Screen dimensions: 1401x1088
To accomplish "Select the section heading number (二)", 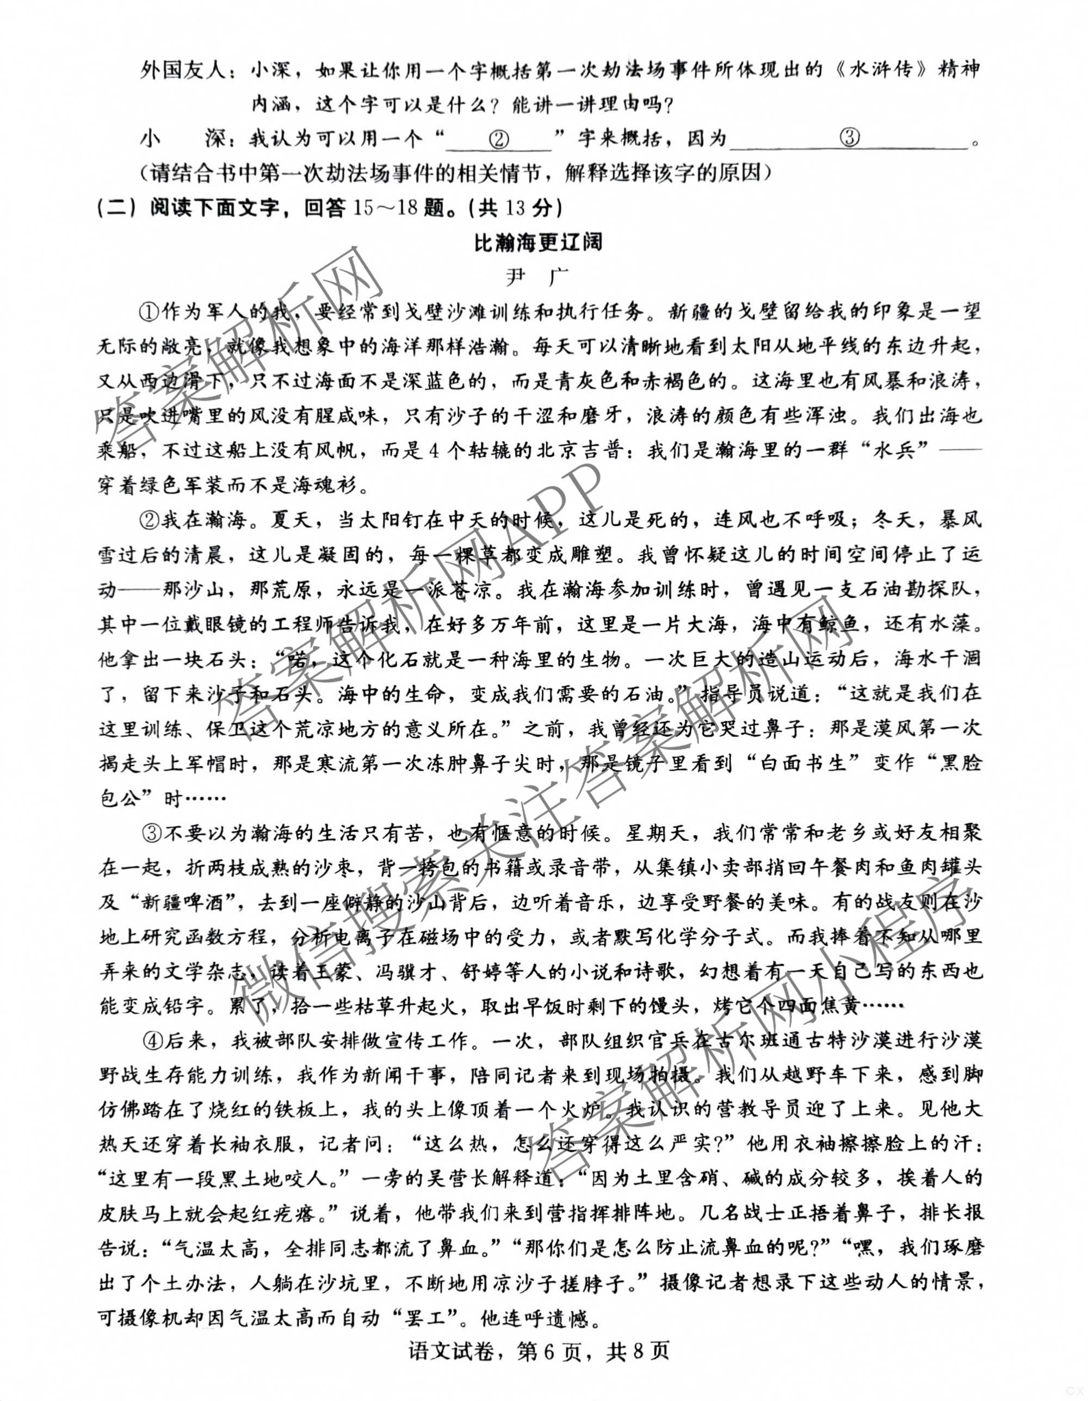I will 116,208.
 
